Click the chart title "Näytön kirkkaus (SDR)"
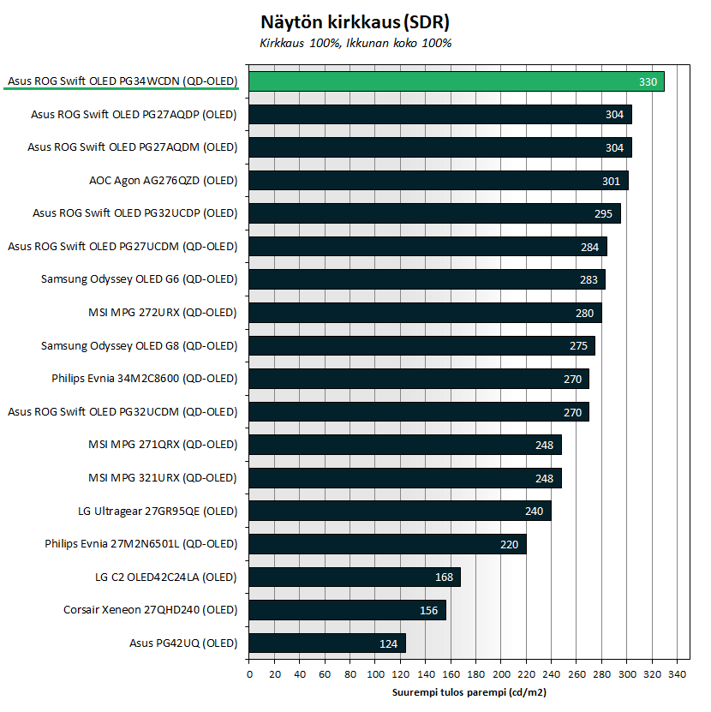[x=355, y=22]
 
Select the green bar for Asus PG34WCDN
[x=457, y=81]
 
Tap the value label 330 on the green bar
[x=648, y=82]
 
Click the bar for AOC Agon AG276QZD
[x=438, y=181]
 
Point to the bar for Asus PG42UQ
[x=326, y=643]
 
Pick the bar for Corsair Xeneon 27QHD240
[x=347, y=610]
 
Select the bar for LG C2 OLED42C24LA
[x=354, y=577]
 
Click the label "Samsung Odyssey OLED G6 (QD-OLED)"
[x=139, y=279]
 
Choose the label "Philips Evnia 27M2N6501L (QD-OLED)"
[x=140, y=544]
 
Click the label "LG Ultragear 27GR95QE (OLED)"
[x=157, y=511]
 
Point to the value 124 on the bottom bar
[x=388, y=643]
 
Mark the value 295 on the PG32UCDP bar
[x=603, y=214]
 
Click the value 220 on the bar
[x=509, y=544]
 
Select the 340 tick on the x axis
[x=678, y=673]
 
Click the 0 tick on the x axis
[x=248, y=673]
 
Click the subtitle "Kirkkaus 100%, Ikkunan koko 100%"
[x=355, y=43]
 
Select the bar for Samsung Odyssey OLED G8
[x=421, y=346]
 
